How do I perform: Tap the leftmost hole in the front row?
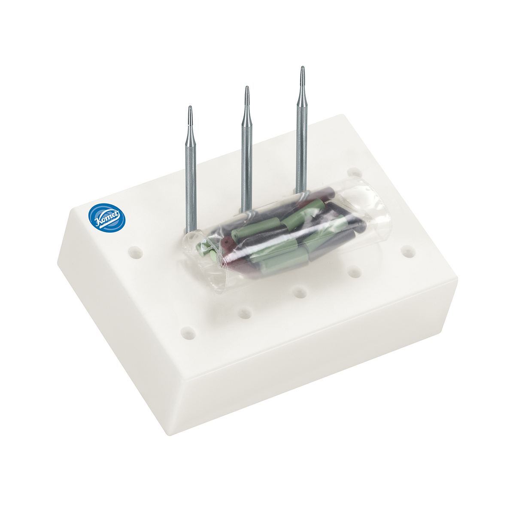187,331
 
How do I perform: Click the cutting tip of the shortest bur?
190,116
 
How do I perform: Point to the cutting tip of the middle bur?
247,96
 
